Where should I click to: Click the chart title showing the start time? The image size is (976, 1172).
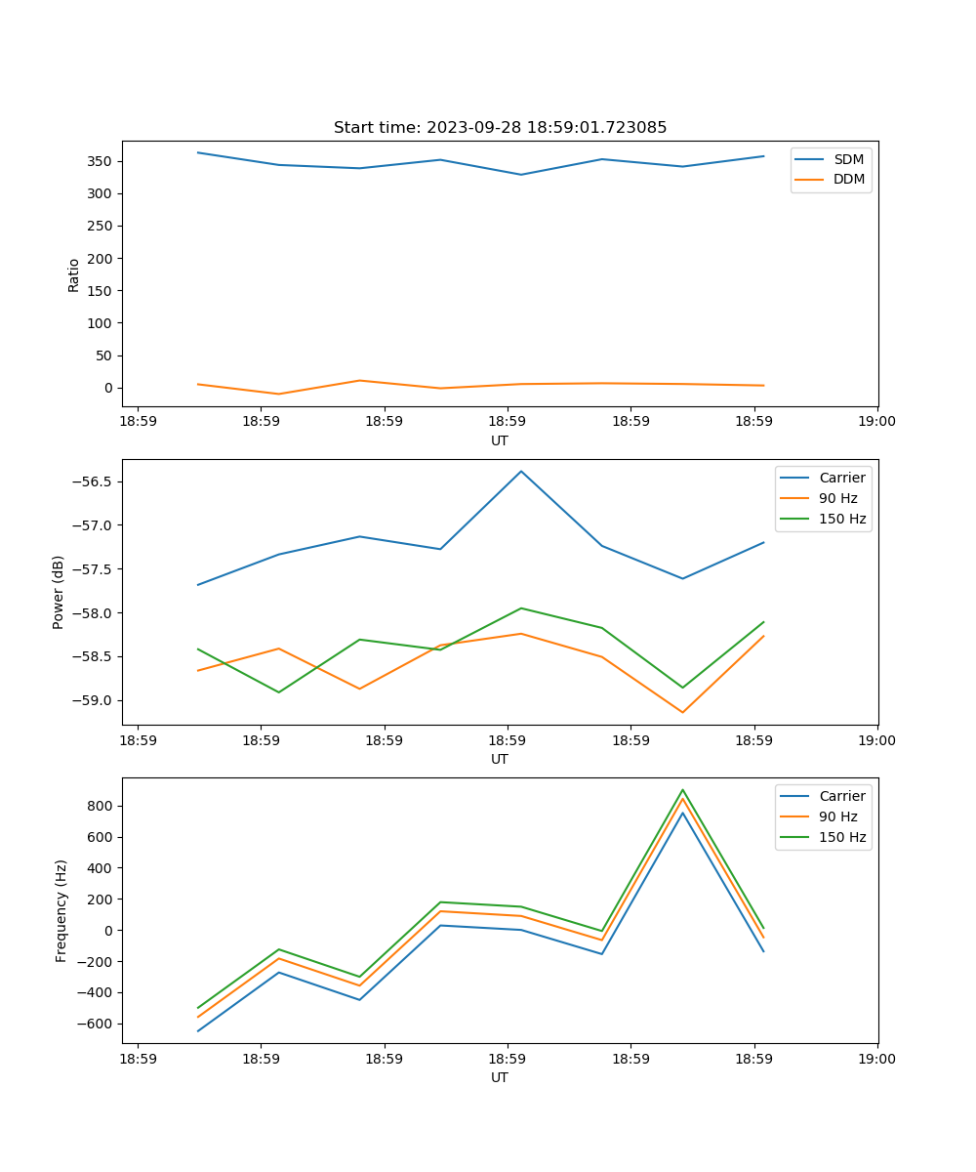pos(500,128)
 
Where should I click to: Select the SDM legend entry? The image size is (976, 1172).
pos(848,159)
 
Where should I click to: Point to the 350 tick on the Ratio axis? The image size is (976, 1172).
pos(102,161)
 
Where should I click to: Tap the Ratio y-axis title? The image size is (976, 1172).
pos(74,275)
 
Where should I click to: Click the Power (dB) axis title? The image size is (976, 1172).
pos(59,592)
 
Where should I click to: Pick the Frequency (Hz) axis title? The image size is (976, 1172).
pos(61,910)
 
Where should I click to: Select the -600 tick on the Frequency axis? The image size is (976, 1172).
pos(98,1024)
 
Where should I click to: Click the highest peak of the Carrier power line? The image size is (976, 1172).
pos(521,472)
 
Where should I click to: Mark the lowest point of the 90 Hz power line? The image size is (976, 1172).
pos(682,712)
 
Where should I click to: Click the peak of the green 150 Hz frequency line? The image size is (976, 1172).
pos(682,790)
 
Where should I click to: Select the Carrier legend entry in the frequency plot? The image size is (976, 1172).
pos(841,796)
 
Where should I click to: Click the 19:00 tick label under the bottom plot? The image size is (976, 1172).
pos(876,1058)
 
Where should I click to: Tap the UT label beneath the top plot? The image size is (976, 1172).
pos(500,440)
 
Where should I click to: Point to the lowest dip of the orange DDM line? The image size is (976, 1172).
pos(279,394)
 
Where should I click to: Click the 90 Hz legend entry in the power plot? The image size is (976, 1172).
pos(837,498)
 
